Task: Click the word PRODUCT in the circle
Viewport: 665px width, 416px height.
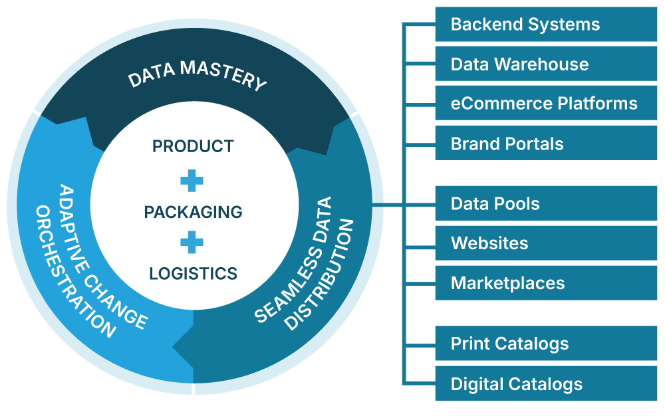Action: point(193,146)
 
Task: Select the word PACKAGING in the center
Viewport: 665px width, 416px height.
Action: point(193,212)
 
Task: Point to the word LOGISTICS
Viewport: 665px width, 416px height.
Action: point(193,273)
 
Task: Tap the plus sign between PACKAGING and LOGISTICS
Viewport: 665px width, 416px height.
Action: point(192,242)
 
